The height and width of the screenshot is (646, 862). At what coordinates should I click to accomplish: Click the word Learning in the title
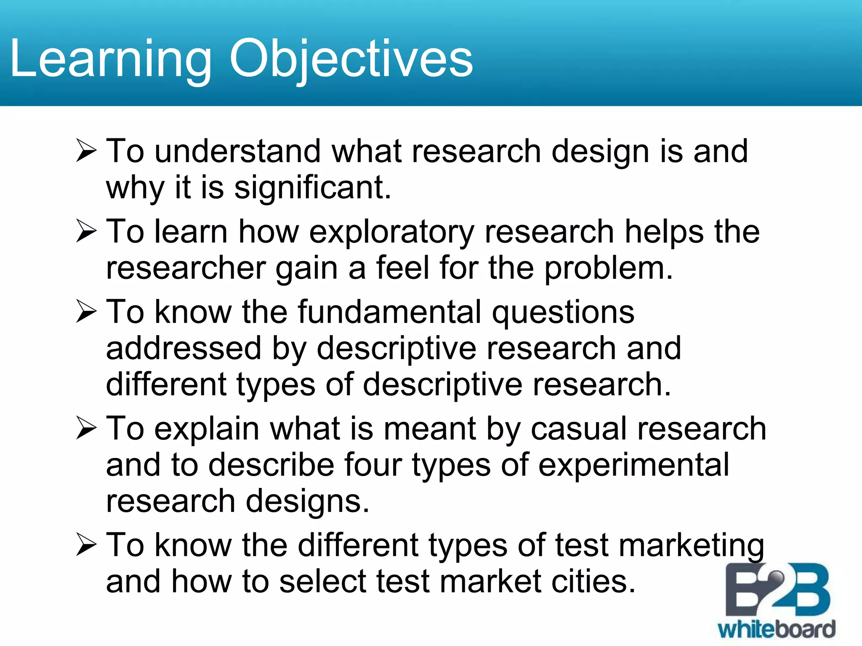point(110,59)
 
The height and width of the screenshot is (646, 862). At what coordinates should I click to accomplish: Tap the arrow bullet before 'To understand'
point(87,151)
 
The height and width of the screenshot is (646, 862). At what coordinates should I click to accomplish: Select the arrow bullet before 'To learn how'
point(87,232)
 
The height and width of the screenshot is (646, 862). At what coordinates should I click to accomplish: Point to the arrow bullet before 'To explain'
point(87,429)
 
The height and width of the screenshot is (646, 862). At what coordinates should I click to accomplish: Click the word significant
point(312,188)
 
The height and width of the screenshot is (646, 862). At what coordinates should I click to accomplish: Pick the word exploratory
point(392,232)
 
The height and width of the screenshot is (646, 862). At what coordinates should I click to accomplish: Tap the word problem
point(608,268)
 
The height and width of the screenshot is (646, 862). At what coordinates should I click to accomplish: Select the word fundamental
point(389,312)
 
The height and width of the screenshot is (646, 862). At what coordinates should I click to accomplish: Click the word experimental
point(633,465)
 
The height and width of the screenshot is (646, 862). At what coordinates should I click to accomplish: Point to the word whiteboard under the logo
point(776,630)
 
